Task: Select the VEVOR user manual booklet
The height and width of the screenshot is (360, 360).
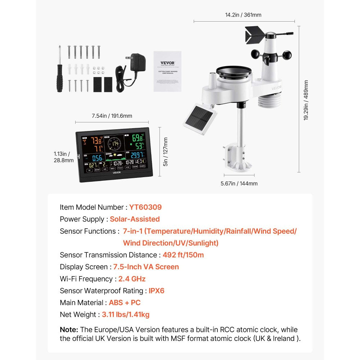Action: (x=167, y=71)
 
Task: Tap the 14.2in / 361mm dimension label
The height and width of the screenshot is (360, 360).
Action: (x=243, y=15)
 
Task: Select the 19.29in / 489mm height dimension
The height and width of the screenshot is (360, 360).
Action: (x=306, y=100)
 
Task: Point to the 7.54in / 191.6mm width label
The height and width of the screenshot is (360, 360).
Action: (x=112, y=116)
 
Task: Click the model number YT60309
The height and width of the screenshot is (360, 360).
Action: (x=145, y=207)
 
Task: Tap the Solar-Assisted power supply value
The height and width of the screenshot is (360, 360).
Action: (x=135, y=219)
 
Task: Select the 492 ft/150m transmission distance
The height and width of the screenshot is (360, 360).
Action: (x=183, y=255)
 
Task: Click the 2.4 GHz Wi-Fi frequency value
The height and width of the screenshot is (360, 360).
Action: (x=132, y=279)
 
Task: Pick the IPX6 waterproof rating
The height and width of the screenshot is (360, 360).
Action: (x=156, y=291)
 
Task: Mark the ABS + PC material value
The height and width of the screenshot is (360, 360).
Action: (x=125, y=303)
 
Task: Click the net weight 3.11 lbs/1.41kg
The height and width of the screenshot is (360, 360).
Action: (x=125, y=315)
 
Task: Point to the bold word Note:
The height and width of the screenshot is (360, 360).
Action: (x=69, y=330)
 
